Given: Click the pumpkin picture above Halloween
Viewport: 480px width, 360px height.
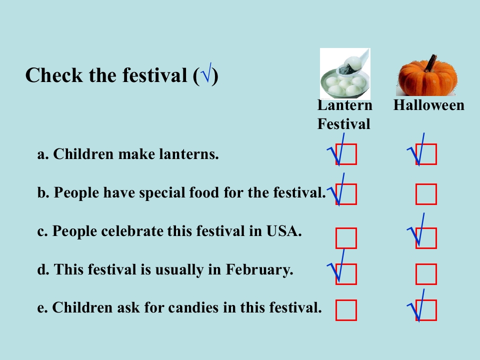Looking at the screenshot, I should pos(426,75).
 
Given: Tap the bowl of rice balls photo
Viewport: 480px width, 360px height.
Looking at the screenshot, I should pos(345,74).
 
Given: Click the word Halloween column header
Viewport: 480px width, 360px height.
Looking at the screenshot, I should pos(428,105).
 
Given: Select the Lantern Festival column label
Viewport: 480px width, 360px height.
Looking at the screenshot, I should pos(344,114).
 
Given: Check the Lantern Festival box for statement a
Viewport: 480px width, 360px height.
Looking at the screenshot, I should pos(346,154).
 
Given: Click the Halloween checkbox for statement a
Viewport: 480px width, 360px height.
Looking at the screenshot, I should pos(426,154).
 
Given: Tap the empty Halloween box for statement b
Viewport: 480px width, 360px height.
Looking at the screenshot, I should pos(426,194).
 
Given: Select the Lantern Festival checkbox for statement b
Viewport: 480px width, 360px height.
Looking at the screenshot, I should pos(346,194).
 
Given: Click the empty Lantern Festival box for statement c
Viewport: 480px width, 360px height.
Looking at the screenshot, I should pos(346,238).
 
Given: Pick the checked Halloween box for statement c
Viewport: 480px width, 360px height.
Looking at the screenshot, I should pos(426,238).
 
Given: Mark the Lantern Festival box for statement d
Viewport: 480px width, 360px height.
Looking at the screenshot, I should pos(346,274).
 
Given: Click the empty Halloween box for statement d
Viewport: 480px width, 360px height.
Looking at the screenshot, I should pos(426,274).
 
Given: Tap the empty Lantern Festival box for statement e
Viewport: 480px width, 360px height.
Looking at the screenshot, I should pos(346,310).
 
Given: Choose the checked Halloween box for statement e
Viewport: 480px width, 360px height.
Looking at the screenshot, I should pos(426,310).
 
